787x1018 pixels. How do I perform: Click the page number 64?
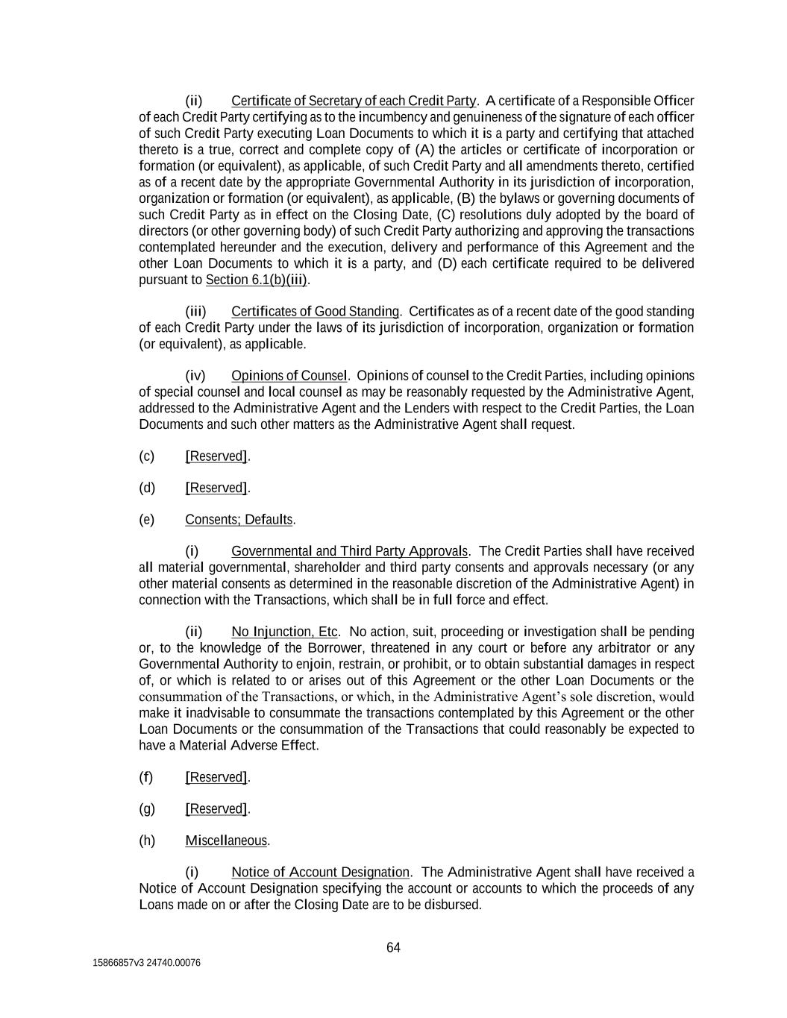coord(393,948)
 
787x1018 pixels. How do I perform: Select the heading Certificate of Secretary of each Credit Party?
coord(354,101)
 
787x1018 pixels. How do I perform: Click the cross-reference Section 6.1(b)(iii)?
coord(257,280)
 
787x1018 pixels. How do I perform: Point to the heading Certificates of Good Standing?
coord(315,311)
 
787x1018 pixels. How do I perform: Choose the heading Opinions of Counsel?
coord(289,375)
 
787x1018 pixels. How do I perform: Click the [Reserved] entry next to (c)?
coord(216,456)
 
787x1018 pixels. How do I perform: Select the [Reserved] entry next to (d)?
coord(216,488)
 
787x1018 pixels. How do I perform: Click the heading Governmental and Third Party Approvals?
coord(349,551)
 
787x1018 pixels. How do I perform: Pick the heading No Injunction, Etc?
coord(284,632)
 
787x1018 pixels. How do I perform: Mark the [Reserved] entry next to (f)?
coord(216,777)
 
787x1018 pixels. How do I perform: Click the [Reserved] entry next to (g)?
coord(216,808)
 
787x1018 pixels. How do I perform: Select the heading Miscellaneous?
coord(226,841)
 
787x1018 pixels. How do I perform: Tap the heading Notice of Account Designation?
coord(320,872)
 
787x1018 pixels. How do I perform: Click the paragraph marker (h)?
coord(147,841)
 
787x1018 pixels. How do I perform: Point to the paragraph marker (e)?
coord(146,519)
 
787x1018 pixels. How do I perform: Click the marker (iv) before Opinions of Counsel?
coord(195,375)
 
